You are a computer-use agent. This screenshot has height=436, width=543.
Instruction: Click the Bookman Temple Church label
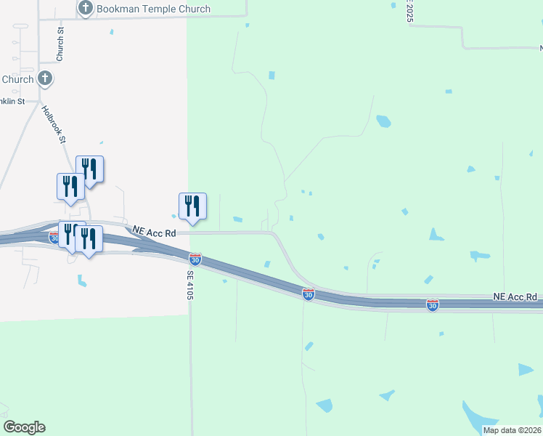[153, 9]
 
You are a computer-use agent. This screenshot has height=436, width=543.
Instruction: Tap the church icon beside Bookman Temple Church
[86, 9]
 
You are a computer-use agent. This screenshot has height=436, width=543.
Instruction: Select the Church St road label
[61, 44]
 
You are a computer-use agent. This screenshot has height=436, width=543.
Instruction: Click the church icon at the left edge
[45, 78]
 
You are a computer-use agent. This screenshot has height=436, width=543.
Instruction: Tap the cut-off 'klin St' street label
[12, 101]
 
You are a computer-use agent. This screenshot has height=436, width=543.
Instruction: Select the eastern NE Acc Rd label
[515, 296]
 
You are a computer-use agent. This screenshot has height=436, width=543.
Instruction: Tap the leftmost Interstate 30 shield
[55, 237]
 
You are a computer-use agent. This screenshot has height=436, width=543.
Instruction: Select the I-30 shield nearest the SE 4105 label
[195, 259]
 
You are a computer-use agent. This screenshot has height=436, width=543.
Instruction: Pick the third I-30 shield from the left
[309, 294]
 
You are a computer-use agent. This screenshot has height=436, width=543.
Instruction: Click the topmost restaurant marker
[89, 169]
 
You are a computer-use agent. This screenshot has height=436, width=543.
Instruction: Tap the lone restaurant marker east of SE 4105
[192, 206]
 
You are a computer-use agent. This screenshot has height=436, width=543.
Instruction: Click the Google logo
[24, 427]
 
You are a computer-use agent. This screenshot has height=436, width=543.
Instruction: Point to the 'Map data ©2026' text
[512, 430]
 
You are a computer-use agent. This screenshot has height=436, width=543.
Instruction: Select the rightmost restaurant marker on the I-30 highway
[89, 239]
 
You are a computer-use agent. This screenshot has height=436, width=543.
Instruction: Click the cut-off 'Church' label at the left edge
[17, 79]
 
